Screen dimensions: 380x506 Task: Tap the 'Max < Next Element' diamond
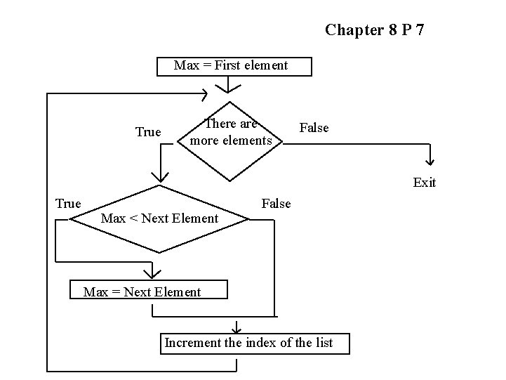[160, 218]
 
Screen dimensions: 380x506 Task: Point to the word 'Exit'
[424, 183]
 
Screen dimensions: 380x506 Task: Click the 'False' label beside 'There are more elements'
[314, 128]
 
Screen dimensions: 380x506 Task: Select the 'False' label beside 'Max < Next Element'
[276, 204]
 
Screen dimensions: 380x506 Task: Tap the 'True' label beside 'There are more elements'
[147, 132]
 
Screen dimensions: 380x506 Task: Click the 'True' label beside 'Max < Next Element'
[68, 204]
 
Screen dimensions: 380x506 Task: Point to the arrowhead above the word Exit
[430, 161]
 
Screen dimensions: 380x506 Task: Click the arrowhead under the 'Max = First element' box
[227, 88]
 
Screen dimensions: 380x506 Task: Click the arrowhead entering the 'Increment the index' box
[237, 327]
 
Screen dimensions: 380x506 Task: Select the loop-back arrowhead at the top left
[204, 93]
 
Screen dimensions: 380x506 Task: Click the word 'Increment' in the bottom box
[189, 343]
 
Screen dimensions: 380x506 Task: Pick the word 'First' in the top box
[228, 66]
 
